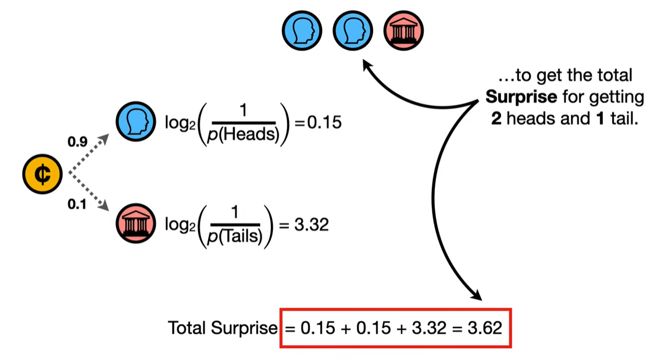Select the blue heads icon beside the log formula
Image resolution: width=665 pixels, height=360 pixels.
[x=135, y=122]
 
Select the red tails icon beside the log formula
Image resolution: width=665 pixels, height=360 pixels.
[x=135, y=224]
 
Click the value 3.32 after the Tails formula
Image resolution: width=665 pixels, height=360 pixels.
[x=311, y=224]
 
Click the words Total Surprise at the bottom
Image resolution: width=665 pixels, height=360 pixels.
[x=223, y=328]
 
